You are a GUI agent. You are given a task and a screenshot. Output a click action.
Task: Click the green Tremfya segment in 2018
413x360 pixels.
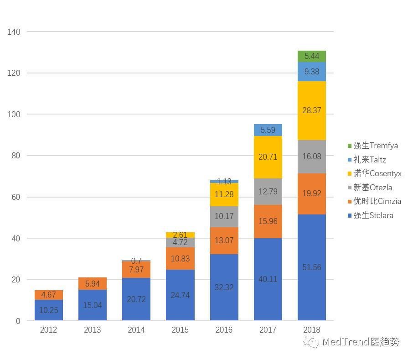click(x=311, y=56)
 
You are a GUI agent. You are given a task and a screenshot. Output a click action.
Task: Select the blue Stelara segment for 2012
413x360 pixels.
click(x=48, y=310)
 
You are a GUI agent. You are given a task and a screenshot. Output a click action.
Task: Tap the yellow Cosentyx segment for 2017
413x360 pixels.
click(x=268, y=157)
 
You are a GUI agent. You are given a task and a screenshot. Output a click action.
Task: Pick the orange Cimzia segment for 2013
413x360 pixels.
click(x=92, y=283)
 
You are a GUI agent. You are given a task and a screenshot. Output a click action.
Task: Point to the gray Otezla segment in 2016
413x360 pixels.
click(x=224, y=217)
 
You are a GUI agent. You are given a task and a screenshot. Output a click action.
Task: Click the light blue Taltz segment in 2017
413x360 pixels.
click(x=268, y=130)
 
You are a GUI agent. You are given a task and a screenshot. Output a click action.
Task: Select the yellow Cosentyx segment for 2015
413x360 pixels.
click(x=180, y=235)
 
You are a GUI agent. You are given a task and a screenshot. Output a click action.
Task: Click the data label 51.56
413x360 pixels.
click(x=311, y=267)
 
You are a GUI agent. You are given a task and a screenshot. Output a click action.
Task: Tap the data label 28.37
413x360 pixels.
click(x=311, y=110)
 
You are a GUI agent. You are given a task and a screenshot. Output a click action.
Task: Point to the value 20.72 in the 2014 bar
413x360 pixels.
click(x=136, y=300)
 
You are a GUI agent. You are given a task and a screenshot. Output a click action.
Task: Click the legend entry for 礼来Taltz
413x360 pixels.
click(x=370, y=160)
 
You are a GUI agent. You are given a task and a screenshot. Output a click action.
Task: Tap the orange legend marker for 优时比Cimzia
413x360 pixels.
click(x=350, y=202)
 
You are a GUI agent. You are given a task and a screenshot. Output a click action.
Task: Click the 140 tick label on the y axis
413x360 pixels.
click(x=14, y=31)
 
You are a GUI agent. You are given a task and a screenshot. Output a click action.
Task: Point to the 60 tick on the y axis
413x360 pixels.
click(x=16, y=197)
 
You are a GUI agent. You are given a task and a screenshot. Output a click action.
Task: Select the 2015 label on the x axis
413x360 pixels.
click(x=180, y=330)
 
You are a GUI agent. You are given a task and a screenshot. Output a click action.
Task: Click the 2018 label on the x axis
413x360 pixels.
click(x=311, y=330)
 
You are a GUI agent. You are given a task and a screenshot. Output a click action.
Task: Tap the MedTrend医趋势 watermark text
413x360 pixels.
click(x=360, y=342)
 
